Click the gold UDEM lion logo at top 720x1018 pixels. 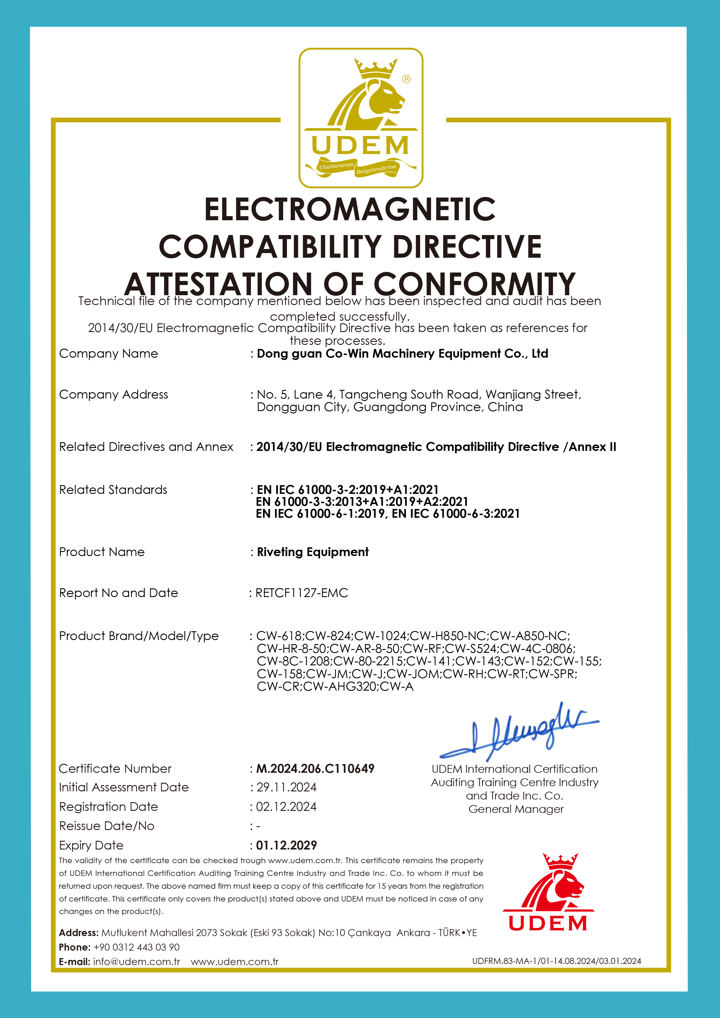pos(360,117)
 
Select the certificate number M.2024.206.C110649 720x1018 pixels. pos(315,768)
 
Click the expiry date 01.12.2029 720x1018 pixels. pos(286,845)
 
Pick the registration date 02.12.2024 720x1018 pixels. pos(286,806)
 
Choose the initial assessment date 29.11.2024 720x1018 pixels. pos(286,787)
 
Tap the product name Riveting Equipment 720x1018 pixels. pos(313,552)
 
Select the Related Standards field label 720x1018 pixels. pos(113,490)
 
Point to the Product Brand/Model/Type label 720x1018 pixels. pos(139,636)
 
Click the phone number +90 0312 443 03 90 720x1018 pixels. pos(137,947)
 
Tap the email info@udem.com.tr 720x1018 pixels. pos(137,962)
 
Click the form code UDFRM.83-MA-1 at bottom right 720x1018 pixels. pos(556,961)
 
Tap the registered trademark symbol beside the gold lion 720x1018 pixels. pos(406,79)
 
